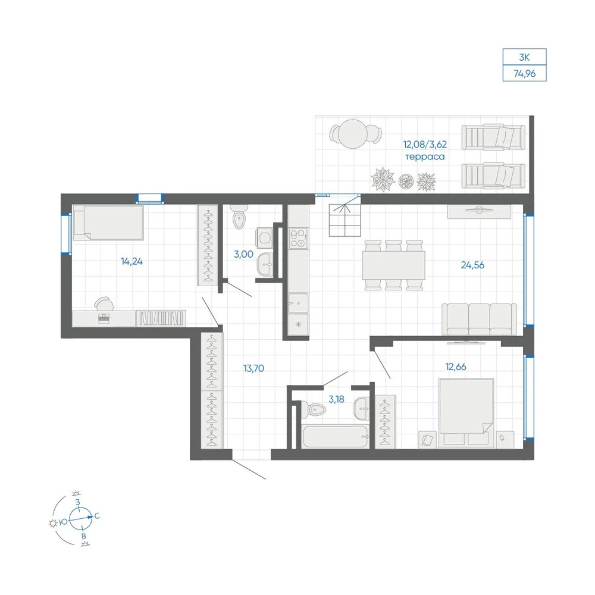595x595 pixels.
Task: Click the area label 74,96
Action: tap(524, 74)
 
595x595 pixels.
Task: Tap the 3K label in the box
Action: tap(524, 57)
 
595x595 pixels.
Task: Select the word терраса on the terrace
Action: tap(425, 156)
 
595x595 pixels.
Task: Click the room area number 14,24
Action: tap(131, 261)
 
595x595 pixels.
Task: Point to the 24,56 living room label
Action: tap(472, 265)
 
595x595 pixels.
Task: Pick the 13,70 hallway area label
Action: tap(253, 368)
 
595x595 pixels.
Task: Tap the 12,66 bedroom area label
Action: tap(455, 367)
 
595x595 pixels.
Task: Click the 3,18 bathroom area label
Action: tap(336, 399)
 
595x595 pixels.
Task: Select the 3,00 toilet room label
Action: tap(243, 254)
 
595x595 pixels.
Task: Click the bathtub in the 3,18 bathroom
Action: tap(336, 437)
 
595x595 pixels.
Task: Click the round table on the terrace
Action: tap(353, 133)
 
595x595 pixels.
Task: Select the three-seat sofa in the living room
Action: tap(479, 319)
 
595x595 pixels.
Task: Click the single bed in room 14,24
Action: tap(108, 223)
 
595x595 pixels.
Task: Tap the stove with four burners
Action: tap(298, 239)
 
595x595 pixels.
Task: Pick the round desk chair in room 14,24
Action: tap(104, 304)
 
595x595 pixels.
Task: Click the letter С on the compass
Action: tap(97, 516)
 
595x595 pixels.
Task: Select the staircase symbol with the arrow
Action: tap(345, 220)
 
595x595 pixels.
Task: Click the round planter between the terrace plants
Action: tap(406, 181)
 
